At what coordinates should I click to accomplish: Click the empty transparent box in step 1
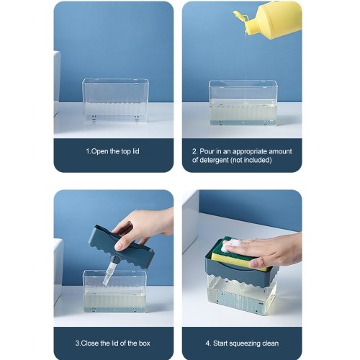(115, 100)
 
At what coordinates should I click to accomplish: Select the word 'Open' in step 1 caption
(99, 151)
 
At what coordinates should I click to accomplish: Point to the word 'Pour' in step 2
(207, 151)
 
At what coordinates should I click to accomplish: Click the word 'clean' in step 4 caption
(271, 343)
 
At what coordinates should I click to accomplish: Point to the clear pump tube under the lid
(108, 271)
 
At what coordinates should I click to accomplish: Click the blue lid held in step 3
(121, 247)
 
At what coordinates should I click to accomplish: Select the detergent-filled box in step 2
(243, 103)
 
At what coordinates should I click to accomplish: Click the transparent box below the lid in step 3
(114, 291)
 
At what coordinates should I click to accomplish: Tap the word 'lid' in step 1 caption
(135, 151)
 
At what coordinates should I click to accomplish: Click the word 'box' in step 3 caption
(144, 343)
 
